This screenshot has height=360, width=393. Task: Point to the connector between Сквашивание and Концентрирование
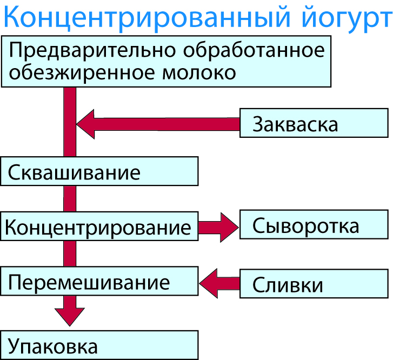(x=70, y=199)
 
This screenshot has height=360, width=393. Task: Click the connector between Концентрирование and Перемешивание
(x=70, y=254)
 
